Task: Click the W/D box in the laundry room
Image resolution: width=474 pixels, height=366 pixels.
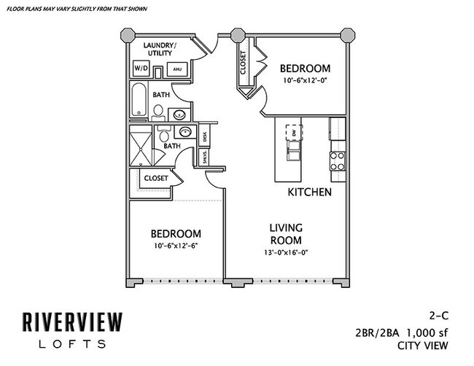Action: (140, 69)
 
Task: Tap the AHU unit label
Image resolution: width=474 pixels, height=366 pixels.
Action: (177, 69)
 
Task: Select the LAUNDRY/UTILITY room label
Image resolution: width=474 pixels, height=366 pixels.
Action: (162, 49)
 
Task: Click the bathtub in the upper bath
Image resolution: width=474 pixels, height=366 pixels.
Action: (139, 100)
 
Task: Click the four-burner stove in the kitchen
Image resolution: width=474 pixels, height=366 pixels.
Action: (337, 160)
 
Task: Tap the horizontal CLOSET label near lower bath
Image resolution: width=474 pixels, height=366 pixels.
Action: (156, 178)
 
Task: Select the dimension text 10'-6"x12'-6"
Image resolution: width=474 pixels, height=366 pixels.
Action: (176, 246)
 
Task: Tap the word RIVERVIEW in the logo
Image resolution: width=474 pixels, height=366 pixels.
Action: (71, 320)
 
